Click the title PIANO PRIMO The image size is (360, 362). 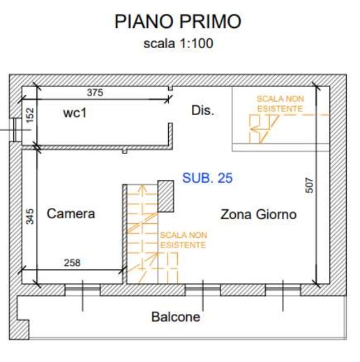[178, 22]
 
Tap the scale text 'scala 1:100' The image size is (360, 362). [178, 43]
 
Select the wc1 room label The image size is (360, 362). [75, 113]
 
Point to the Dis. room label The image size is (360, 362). [202, 111]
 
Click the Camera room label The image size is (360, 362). [71, 213]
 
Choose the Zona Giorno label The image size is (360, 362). [258, 214]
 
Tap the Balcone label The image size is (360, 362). [176, 317]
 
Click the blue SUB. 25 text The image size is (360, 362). [207, 178]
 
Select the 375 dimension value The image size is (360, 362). [95, 93]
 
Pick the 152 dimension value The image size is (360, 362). [30, 115]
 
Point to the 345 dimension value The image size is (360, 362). [30, 217]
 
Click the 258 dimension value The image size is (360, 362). [72, 263]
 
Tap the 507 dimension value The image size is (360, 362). [309, 186]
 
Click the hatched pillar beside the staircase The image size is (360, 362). [165, 196]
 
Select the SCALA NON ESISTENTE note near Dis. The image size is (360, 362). [280, 104]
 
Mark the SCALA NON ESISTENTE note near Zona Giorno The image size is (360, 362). [183, 240]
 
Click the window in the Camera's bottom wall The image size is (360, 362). [82, 289]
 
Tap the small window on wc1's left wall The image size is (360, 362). [15, 130]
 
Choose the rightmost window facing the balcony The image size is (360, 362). [283, 289]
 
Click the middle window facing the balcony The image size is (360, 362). [203, 289]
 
